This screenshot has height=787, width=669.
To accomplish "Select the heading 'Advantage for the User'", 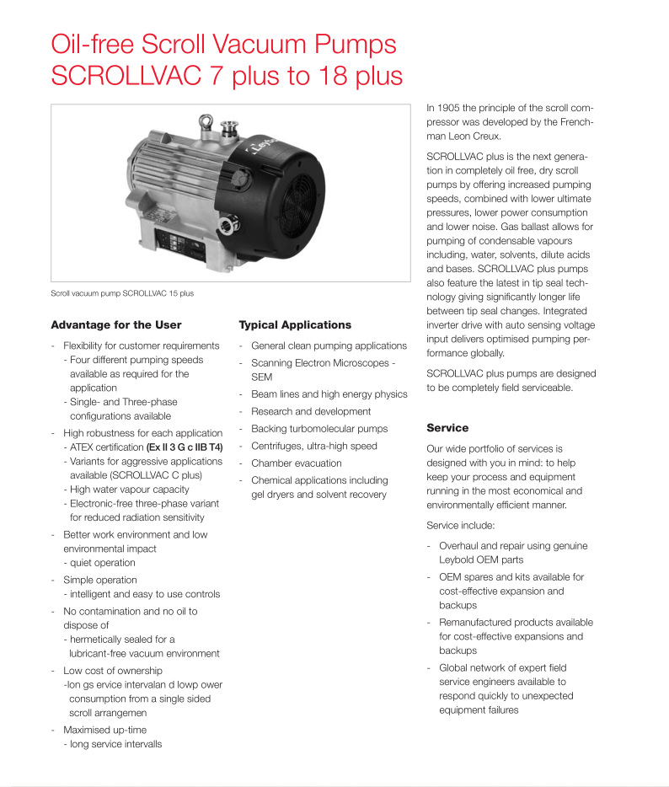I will click(x=116, y=324).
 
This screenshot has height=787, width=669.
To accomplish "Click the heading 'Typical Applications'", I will click(x=295, y=324).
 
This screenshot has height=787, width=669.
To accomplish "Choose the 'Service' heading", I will click(x=447, y=428).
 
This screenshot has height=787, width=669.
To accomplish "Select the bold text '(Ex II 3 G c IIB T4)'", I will click(x=185, y=447).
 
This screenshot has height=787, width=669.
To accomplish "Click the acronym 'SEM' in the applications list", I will click(x=262, y=377).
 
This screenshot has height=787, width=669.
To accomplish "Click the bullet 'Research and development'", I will click(x=311, y=411).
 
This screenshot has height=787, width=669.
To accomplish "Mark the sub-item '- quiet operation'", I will click(x=99, y=563).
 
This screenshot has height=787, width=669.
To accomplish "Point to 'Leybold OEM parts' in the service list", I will click(x=481, y=559).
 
